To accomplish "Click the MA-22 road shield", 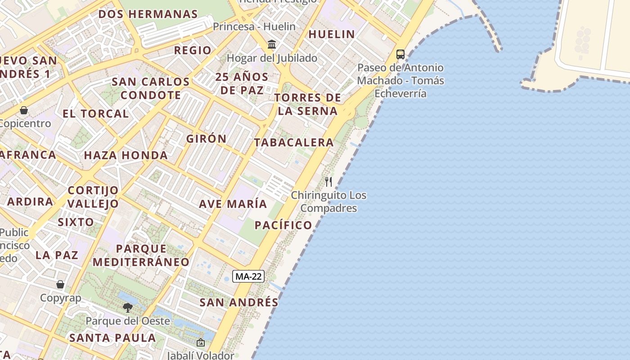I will (x=248, y=276).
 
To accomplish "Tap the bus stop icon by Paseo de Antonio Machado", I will (x=400, y=54).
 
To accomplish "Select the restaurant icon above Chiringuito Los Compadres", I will (x=328, y=182).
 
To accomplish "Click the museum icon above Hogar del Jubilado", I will (x=272, y=45).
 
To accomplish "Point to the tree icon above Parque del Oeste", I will (x=128, y=308).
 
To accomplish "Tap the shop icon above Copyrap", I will (x=60, y=284).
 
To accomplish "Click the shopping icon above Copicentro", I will (x=24, y=110).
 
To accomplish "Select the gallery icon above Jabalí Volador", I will (x=201, y=343).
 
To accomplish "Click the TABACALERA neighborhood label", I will (x=294, y=143).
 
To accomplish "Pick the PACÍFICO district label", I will (x=283, y=225).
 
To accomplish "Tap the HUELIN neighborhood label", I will (x=332, y=34).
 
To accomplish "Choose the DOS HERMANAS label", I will (x=148, y=14).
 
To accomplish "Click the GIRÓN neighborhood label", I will (x=207, y=139).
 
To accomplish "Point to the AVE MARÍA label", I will (x=233, y=204).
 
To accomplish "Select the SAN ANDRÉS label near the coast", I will (x=239, y=302).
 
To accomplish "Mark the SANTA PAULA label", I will (x=113, y=337).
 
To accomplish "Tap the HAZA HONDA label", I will (x=126, y=156).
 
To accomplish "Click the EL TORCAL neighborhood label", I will (x=96, y=113).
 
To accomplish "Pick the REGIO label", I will (x=193, y=50).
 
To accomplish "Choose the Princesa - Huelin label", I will (x=254, y=27).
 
